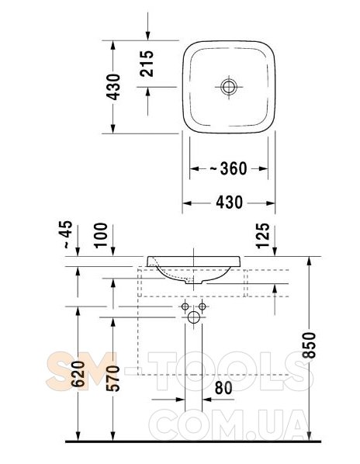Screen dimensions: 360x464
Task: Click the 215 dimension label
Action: point(147,64)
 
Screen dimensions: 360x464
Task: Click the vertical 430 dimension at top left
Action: point(113,87)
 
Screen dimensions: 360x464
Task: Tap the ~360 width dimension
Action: point(228,168)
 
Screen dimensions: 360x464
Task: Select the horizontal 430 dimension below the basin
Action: point(229,203)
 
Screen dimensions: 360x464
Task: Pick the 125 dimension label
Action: point(263,236)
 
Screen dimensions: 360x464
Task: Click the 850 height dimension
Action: point(310,345)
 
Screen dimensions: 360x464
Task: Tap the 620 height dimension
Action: point(78,374)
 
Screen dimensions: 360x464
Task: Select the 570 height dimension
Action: point(113,378)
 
